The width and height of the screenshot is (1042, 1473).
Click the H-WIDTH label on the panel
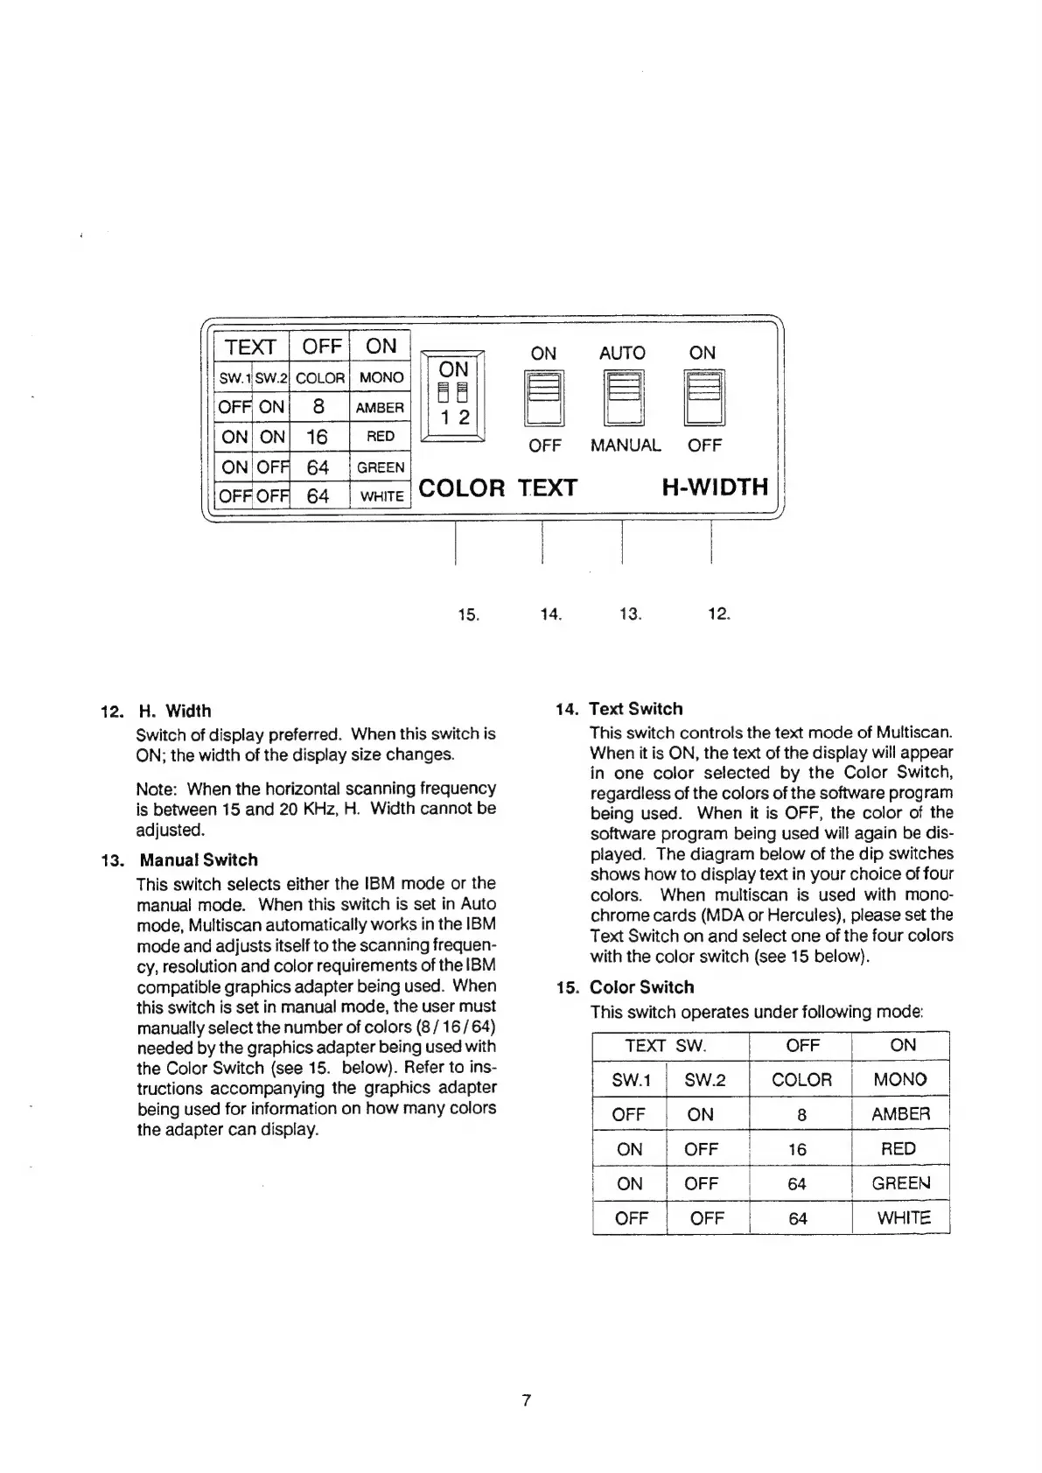pos(714,487)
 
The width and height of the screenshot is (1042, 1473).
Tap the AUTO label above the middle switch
pos(622,353)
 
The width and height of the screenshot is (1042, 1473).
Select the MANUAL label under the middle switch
pos(626,445)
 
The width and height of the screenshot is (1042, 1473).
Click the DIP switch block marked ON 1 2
pos(453,397)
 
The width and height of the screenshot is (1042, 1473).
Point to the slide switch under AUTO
pos(625,398)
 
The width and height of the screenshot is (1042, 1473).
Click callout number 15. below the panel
pos(469,614)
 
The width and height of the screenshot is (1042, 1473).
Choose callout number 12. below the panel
pos(718,614)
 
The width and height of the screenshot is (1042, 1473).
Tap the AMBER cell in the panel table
pos(380,408)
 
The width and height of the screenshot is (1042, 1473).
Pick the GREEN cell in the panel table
pos(381,467)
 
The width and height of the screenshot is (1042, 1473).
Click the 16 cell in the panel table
pos(318,437)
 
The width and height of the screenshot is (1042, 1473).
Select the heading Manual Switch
pos(199,859)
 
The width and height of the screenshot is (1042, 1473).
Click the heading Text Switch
pos(635,709)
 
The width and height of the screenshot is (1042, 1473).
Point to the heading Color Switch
pos(641,987)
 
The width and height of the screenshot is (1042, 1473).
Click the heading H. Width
pos(175,711)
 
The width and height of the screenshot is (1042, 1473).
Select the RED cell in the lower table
pos(899,1148)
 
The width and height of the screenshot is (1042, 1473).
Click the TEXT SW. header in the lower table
pos(666,1045)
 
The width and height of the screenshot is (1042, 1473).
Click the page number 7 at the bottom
pos(527,1400)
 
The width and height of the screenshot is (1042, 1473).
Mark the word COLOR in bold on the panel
pos(462,487)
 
